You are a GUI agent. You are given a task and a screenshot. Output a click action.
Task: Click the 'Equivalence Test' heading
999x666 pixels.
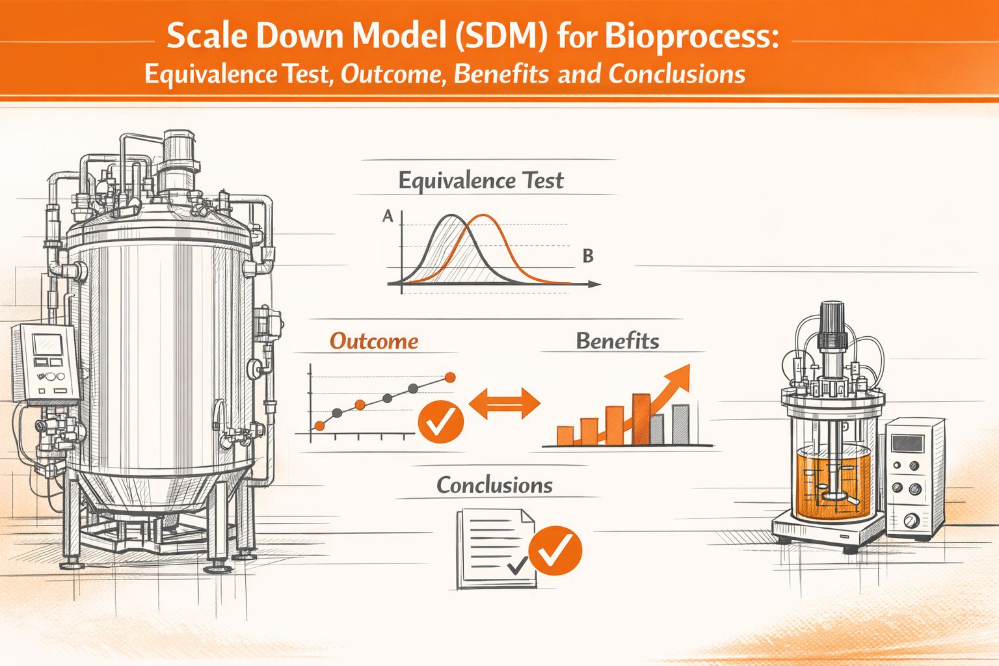click(481, 180)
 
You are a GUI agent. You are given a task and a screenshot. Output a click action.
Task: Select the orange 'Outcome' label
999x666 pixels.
click(374, 341)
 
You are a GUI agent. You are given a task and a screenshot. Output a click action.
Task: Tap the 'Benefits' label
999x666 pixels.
click(617, 341)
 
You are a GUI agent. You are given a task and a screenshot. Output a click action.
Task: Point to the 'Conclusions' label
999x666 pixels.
click(494, 485)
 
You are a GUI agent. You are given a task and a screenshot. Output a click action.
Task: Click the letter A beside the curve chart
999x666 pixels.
click(388, 217)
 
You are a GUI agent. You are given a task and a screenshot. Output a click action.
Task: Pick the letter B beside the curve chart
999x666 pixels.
click(588, 256)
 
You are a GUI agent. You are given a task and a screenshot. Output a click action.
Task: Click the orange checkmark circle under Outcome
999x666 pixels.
click(440, 423)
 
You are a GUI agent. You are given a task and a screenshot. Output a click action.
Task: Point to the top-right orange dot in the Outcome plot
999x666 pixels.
click(449, 377)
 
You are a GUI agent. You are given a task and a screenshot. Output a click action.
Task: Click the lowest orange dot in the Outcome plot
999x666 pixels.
click(319, 426)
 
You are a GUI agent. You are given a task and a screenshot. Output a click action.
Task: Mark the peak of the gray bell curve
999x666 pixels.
click(451, 216)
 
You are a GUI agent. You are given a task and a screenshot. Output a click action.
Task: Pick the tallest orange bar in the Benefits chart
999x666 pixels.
click(641, 419)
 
